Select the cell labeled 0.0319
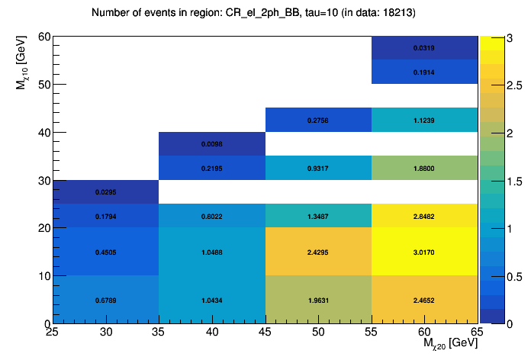point(425,48)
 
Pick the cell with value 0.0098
point(212,143)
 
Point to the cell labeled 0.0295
point(106,192)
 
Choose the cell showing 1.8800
point(425,168)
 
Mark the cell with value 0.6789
point(106,300)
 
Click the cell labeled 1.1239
point(425,120)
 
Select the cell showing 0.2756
point(318,120)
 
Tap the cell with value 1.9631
point(318,300)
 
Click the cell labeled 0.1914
point(425,72)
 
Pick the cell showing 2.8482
point(425,216)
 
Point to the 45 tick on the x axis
point(265,333)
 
